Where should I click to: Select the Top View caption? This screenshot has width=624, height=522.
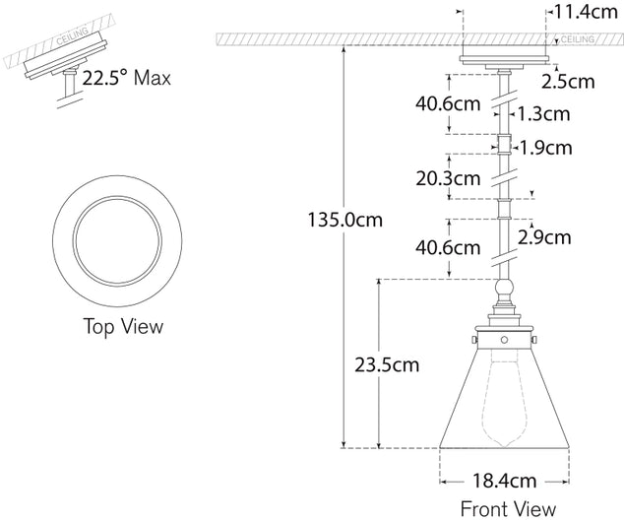[x=122, y=325]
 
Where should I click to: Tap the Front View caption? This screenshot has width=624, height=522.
[x=507, y=508]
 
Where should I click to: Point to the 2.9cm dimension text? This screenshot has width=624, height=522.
[x=543, y=236]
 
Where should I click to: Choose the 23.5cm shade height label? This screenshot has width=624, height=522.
[x=387, y=365]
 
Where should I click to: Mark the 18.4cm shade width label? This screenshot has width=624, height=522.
[x=504, y=482]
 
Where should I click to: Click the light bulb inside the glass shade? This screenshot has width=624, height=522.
[x=503, y=399]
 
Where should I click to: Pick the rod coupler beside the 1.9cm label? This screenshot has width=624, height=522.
[x=503, y=147]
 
